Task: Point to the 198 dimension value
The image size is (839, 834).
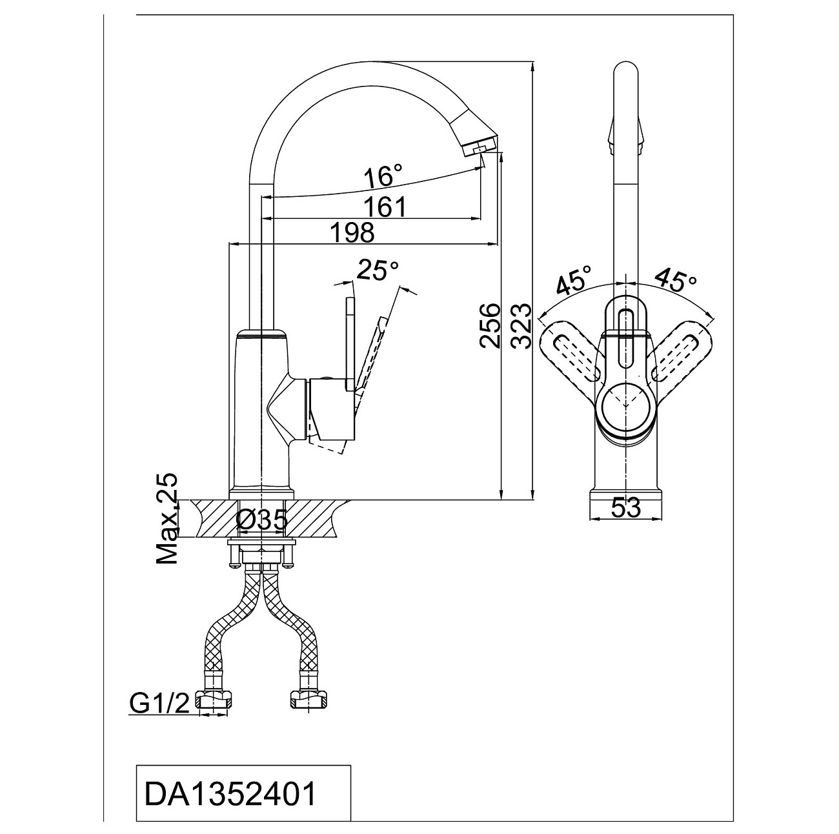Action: (352, 232)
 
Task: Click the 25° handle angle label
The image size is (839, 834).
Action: (377, 270)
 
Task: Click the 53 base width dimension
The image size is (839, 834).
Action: (626, 508)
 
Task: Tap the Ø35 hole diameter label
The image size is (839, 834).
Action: (262, 520)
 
